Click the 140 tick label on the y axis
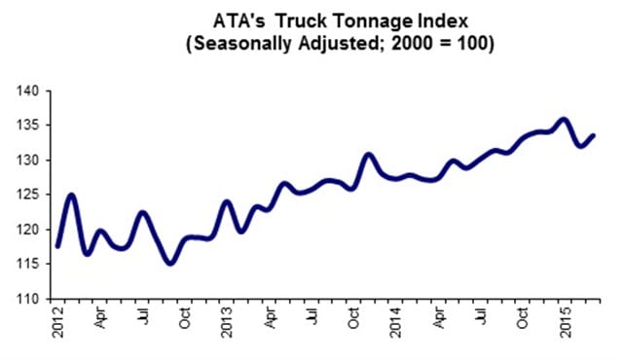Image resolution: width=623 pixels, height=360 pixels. tap(28, 91)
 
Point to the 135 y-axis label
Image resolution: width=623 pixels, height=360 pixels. tap(28, 126)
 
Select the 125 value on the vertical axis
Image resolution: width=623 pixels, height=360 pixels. tap(28, 195)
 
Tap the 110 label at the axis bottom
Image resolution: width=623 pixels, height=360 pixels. tap(28, 299)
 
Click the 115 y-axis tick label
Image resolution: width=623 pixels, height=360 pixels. tap(28, 265)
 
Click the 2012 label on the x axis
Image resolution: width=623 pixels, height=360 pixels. tap(58, 322)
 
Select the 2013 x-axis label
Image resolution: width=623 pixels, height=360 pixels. tap(227, 322)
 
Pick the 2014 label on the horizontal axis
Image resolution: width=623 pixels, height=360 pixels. tap(395, 322)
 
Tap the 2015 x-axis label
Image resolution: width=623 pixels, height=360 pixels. tap(565, 322)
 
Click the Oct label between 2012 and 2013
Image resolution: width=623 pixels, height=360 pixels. tap(184, 317)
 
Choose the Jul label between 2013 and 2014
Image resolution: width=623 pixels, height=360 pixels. tap(313, 315)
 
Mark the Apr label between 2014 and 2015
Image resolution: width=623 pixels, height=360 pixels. tap(438, 317)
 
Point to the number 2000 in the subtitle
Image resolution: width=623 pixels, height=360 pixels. tap(412, 43)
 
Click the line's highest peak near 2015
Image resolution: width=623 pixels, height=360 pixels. tap(564, 119)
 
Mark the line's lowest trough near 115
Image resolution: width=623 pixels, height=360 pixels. tap(170, 263)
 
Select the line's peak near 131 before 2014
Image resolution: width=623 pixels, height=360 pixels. tap(368, 155)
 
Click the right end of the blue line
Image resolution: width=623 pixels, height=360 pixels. tap(593, 136)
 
